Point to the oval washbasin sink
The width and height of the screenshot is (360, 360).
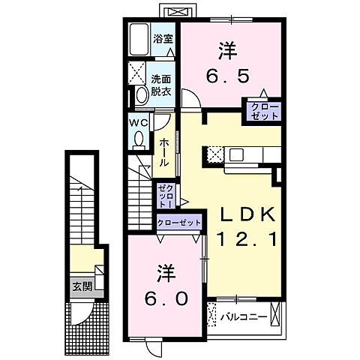click(x=141, y=95)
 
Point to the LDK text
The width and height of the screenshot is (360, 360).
click(x=242, y=216)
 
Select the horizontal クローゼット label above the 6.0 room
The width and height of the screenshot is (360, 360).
click(x=180, y=223)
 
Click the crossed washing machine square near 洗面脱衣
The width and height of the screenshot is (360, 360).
click(x=138, y=73)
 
